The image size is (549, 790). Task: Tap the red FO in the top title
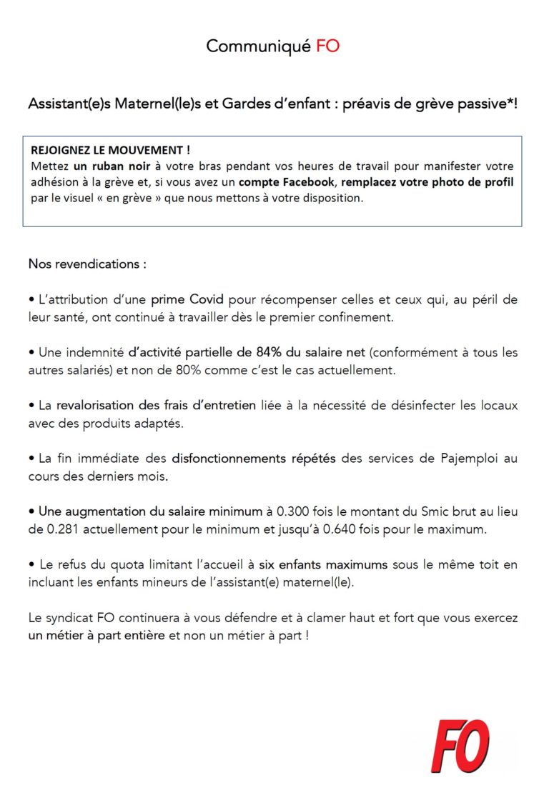pyautogui.click(x=327, y=46)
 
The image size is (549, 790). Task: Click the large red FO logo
pyautogui.click(x=460, y=746)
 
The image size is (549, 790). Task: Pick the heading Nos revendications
pyautogui.click(x=87, y=264)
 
